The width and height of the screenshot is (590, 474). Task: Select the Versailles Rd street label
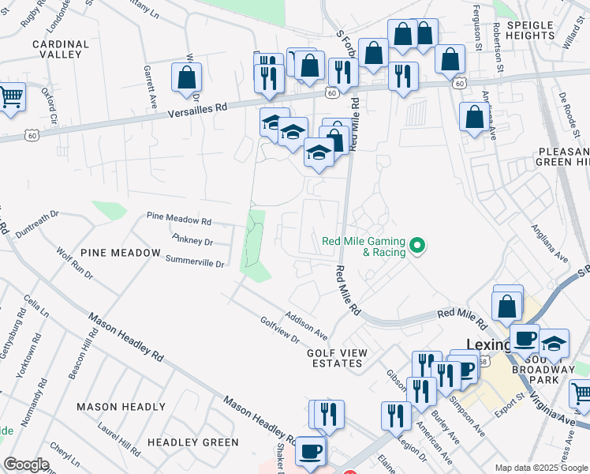[197, 110]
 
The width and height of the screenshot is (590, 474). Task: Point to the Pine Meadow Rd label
[179, 218]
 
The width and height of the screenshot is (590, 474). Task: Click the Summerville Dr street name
[194, 259]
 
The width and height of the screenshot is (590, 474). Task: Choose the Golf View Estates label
[335, 357]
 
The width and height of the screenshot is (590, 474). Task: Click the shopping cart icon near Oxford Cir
[10, 98]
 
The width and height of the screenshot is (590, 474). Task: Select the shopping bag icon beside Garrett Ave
[187, 77]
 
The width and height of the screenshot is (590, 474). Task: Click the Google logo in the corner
[26, 465]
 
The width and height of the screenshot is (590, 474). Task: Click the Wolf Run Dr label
[75, 265]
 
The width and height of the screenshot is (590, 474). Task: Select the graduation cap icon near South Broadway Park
[554, 344]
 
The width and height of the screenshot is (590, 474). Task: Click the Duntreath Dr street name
[38, 220]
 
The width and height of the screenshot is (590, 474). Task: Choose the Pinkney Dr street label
[192, 239]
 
